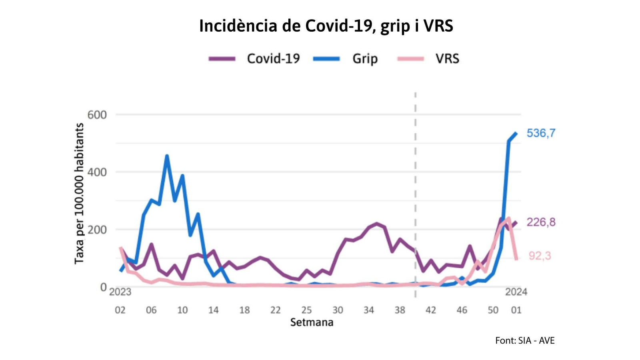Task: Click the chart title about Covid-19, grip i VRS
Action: [x=326, y=26]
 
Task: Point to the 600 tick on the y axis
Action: [x=97, y=115]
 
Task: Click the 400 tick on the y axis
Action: [x=97, y=172]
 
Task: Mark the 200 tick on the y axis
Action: [x=97, y=230]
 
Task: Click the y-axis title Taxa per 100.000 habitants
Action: [x=79, y=194]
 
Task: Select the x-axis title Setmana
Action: [x=312, y=322]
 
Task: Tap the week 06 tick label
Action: [x=151, y=310]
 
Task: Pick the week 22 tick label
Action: [x=275, y=310]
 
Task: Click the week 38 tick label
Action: [x=400, y=310]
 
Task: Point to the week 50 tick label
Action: [x=493, y=310]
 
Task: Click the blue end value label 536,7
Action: [x=541, y=133]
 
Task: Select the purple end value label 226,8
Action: [x=541, y=222]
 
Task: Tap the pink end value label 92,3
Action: [x=540, y=256]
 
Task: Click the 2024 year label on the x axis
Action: [x=516, y=292]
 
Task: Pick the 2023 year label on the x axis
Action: [x=120, y=292]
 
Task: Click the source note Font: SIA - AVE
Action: [x=525, y=340]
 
